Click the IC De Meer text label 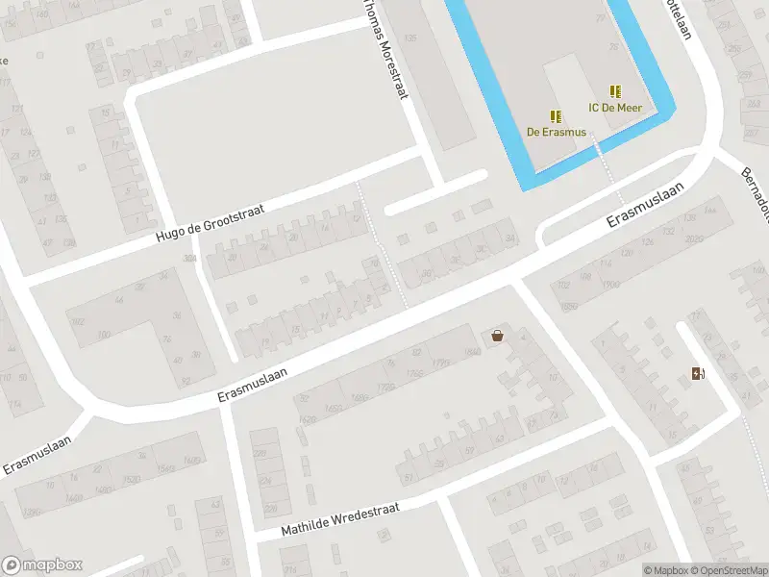[x=615, y=108]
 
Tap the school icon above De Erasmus [x=556, y=116]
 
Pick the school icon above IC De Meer [x=615, y=92]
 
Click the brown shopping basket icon [x=497, y=336]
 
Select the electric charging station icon [x=697, y=373]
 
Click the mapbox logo [x=43, y=565]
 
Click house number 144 [x=710, y=210]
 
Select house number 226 [x=270, y=509]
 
